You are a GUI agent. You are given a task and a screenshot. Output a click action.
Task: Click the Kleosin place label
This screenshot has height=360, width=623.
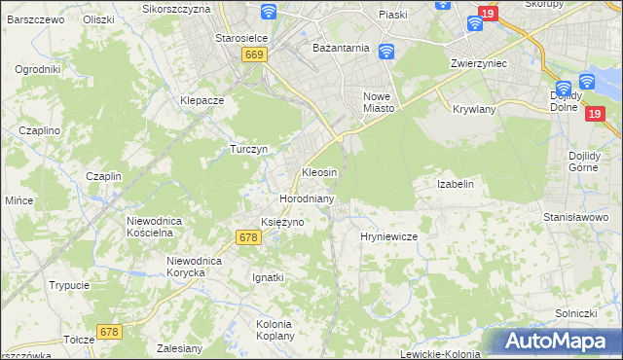319,172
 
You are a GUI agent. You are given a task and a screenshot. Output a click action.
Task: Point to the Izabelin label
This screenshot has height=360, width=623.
456,184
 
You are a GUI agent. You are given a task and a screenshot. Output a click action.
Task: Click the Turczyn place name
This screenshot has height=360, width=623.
248,149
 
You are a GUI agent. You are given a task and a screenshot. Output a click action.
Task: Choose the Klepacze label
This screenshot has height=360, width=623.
202,100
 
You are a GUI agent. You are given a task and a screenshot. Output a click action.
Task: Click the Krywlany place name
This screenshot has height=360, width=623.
474,109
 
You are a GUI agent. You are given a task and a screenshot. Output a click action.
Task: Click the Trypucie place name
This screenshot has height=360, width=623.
70,285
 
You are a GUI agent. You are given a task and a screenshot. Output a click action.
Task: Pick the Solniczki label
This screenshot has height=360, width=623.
575,312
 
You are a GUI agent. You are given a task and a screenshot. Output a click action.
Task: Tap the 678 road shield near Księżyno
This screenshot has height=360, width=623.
248,237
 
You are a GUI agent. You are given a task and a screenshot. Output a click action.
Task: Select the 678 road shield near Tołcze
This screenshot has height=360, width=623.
109,333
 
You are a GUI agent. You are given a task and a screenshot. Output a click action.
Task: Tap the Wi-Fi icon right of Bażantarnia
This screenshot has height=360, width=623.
385,51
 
